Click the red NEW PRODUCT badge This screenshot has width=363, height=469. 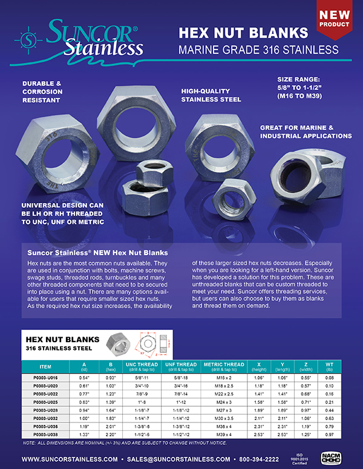point(335,19)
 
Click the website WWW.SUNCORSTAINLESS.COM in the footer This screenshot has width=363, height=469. point(65,459)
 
